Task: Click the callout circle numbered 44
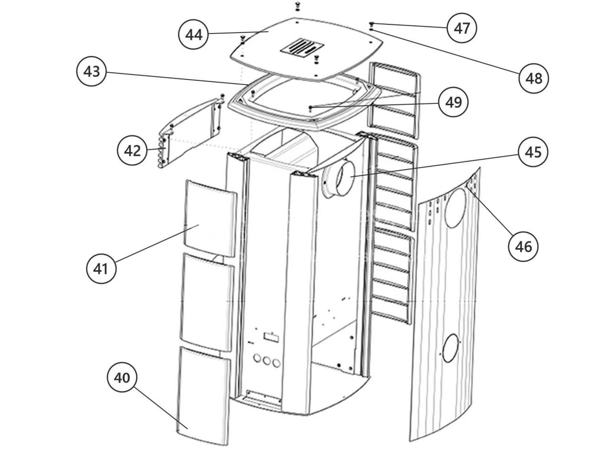click(x=193, y=35)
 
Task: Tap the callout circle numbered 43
click(x=91, y=71)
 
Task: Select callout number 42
click(x=132, y=151)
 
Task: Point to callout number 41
click(x=100, y=269)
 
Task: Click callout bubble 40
click(x=121, y=378)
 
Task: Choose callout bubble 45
click(x=533, y=152)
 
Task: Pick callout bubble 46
click(x=523, y=247)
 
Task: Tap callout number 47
click(x=462, y=28)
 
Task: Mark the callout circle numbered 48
click(x=534, y=77)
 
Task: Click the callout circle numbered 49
click(x=453, y=102)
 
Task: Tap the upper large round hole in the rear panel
click(x=455, y=208)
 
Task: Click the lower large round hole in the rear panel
click(x=450, y=348)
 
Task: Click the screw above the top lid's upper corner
click(x=297, y=5)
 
